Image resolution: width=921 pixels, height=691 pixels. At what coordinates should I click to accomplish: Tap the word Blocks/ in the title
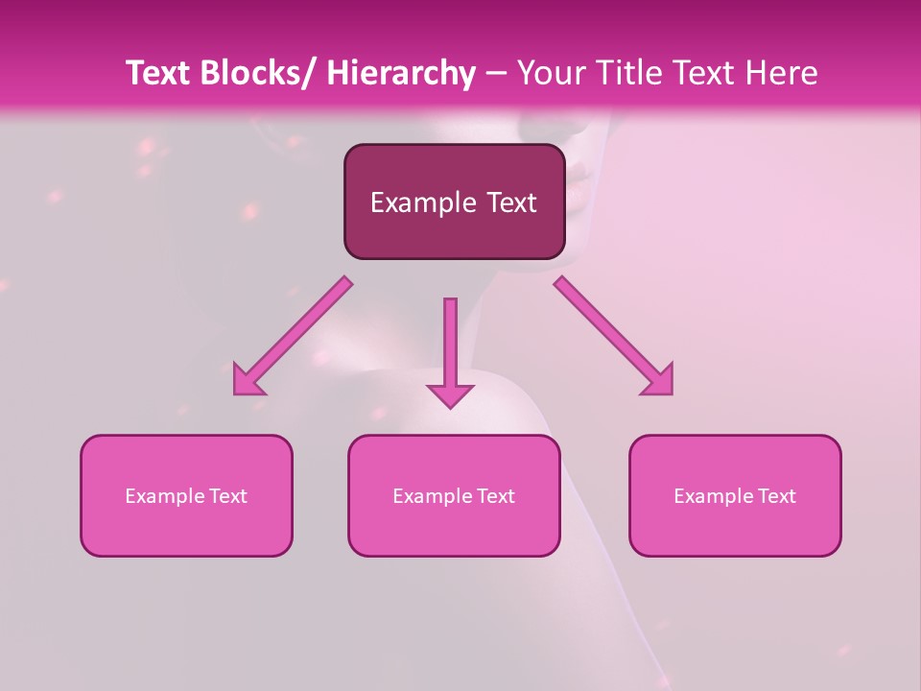260,74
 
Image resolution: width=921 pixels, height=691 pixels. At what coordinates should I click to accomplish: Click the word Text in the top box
510,203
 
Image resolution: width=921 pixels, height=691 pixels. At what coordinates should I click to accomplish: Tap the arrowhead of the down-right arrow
661,382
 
